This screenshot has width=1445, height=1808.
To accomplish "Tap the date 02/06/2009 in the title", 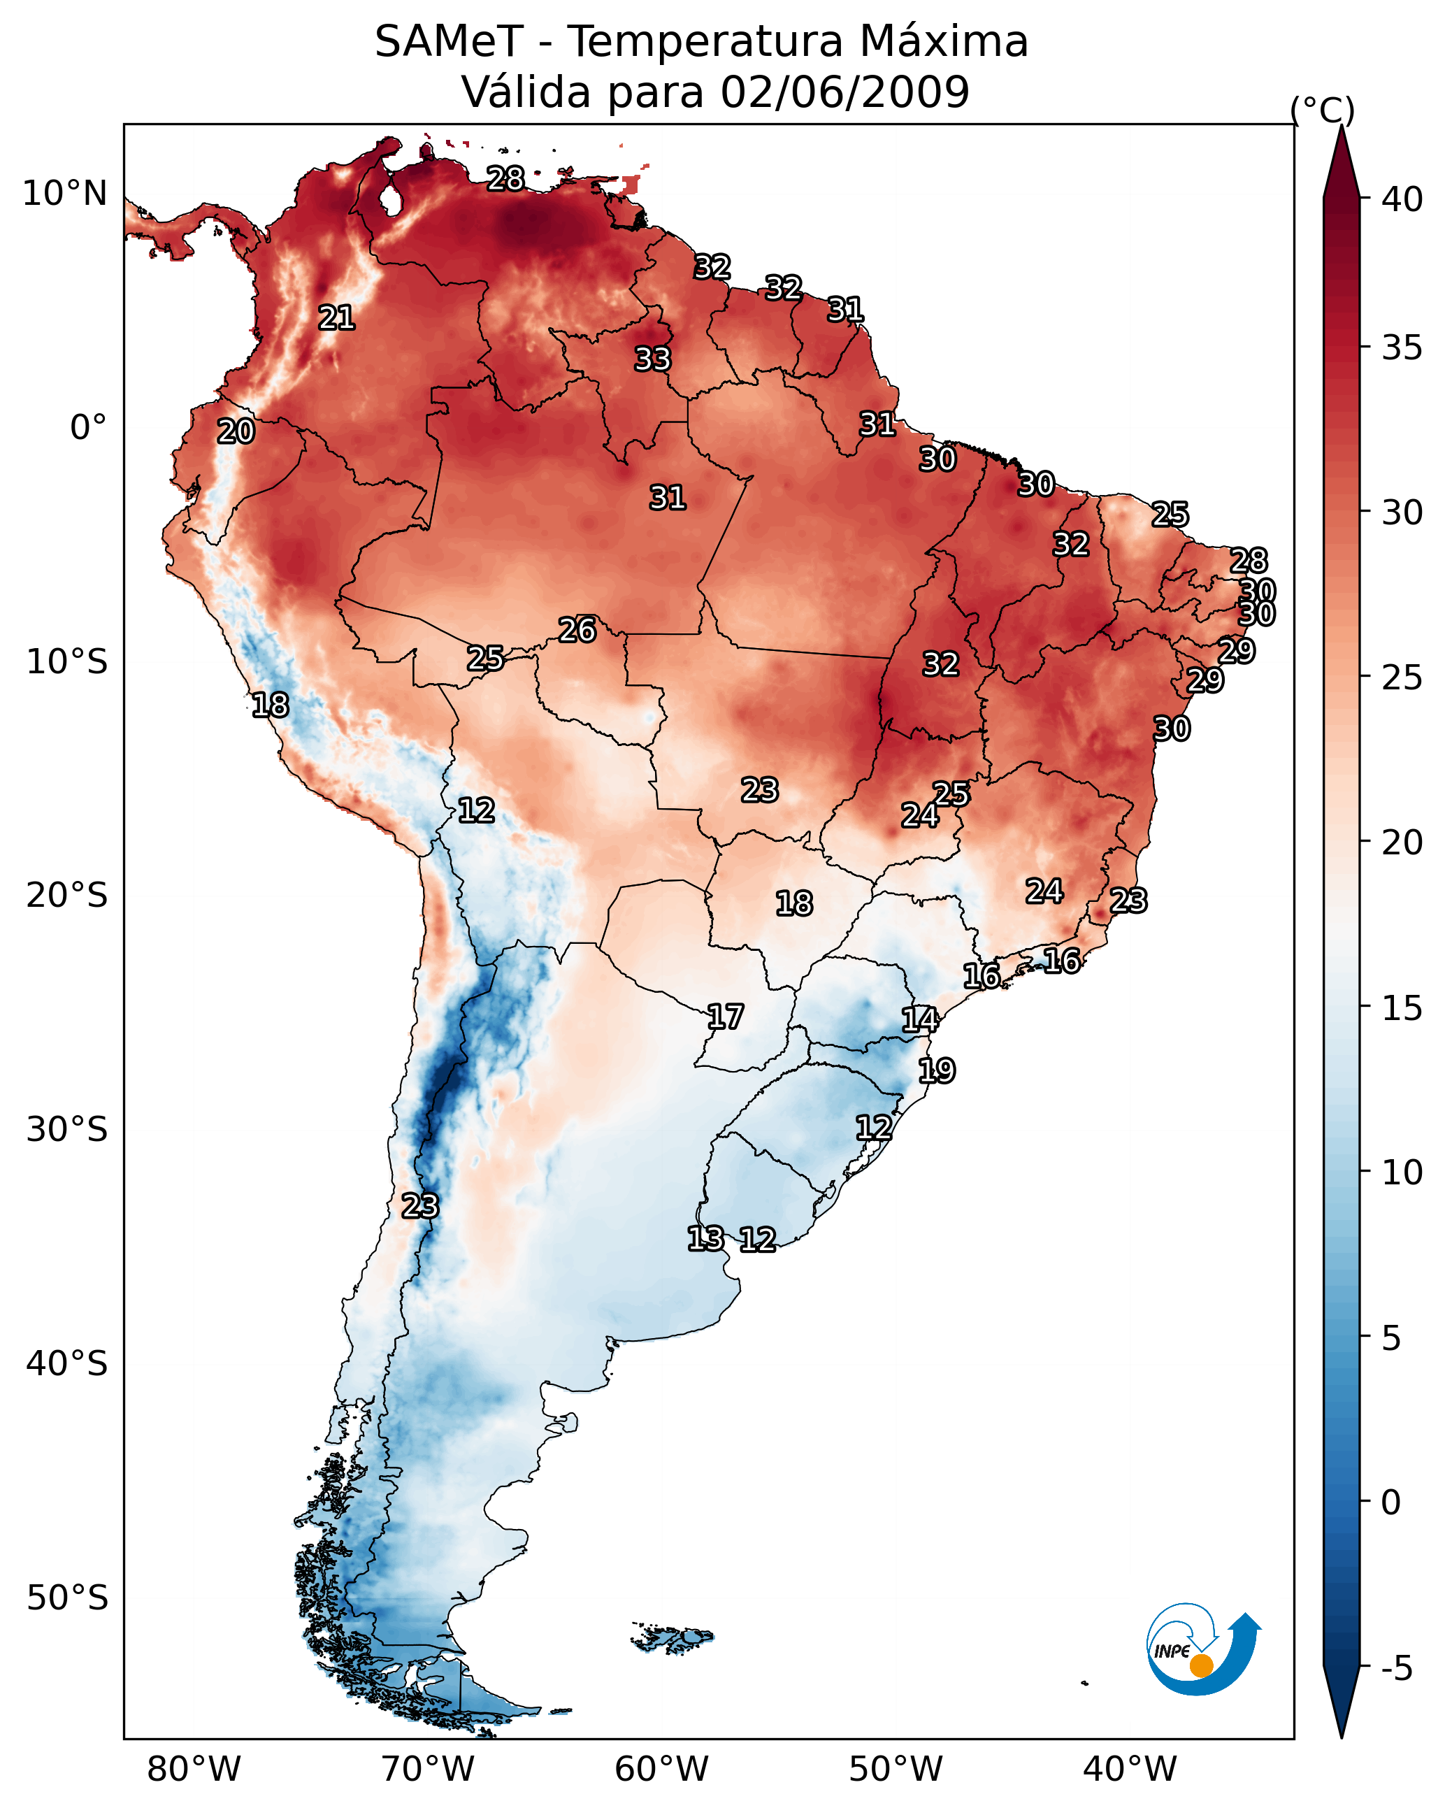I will coord(844,92).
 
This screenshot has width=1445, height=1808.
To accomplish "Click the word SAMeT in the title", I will coord(449,42).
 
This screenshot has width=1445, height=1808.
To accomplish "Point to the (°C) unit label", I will coord(1322,110).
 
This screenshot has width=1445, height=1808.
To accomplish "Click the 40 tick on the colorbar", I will coord(1402,199).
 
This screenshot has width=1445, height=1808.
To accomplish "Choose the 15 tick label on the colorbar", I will coord(1402,1008).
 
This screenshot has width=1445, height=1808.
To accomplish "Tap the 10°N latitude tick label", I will coord(64,194).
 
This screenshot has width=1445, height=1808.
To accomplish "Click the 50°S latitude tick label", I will coord(67,1598).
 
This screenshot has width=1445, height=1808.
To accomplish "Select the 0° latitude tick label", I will coord(88,428).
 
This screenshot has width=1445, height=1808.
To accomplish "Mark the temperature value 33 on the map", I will coord(652,359).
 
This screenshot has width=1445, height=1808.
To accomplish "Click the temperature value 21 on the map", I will coord(336,318).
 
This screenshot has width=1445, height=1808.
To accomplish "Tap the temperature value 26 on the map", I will coord(577,630).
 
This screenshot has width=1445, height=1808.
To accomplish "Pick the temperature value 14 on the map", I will coord(920,1020).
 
